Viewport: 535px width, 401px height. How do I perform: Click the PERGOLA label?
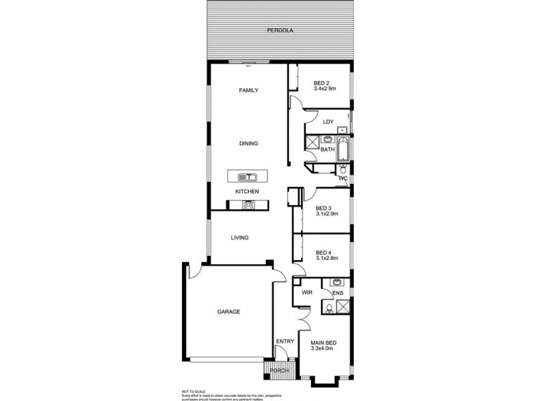(x=280, y=31)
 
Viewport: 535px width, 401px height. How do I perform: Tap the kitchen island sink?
(x=248, y=177)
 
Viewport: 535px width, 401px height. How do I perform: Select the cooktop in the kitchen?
(x=248, y=205)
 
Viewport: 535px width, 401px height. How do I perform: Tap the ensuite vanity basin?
(x=337, y=283)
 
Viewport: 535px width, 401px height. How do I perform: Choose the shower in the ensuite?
(x=344, y=307)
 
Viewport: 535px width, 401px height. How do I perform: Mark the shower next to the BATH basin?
(x=312, y=143)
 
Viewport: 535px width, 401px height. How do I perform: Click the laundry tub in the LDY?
(x=342, y=129)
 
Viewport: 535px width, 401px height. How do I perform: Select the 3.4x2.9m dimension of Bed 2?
(x=325, y=88)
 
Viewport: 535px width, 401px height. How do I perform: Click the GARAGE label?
(x=228, y=311)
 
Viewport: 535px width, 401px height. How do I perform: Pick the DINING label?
(x=248, y=143)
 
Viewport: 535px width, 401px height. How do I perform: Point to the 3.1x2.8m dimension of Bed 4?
(x=327, y=259)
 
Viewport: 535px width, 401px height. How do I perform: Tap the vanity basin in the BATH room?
(x=328, y=140)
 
